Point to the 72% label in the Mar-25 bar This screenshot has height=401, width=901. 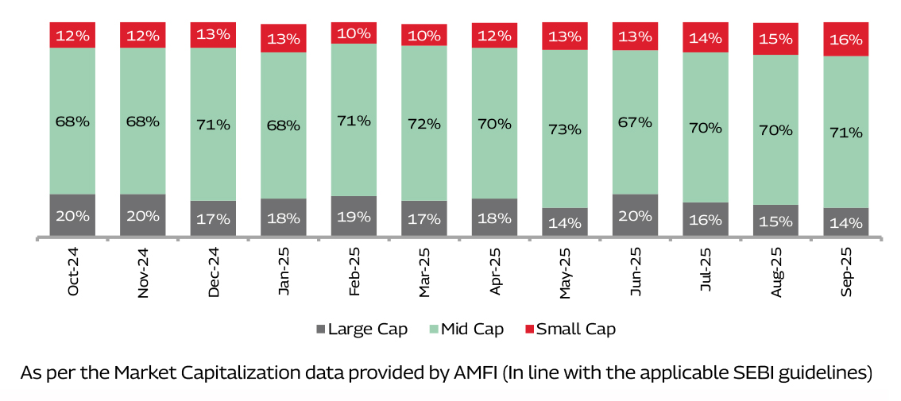click(424, 124)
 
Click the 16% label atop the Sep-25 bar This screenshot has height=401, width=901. click(845, 40)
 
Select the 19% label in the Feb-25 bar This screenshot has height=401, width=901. click(354, 216)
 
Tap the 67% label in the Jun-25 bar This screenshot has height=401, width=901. click(635, 122)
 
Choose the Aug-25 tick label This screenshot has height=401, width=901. click(777, 271)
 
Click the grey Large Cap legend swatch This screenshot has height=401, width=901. click(321, 329)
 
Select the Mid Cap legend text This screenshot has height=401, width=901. click(472, 329)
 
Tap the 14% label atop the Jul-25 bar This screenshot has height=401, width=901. click(706, 37)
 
